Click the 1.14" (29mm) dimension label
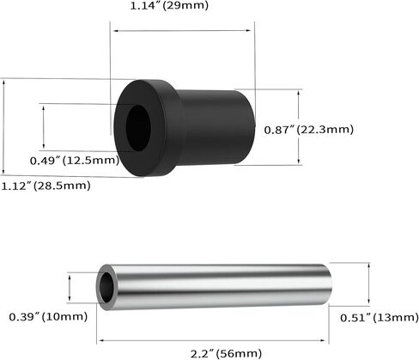[x=169, y=5]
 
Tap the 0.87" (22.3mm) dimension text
[x=308, y=130]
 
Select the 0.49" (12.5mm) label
[x=75, y=161]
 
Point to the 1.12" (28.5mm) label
[x=46, y=186]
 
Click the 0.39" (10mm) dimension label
[x=48, y=317]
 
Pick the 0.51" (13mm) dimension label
[x=380, y=318]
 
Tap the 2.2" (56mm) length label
[x=226, y=353]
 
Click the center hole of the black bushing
[x=138, y=128]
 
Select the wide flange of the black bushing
[x=148, y=128]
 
